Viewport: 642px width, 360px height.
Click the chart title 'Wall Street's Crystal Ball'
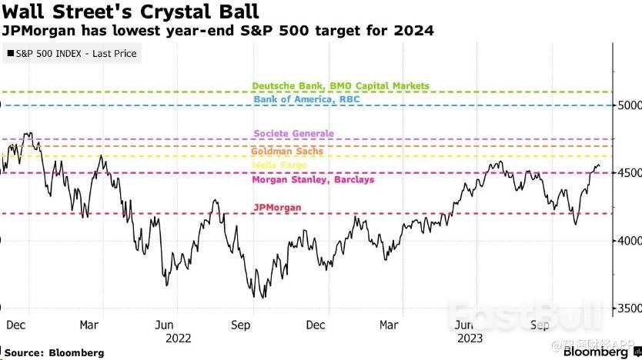[x=129, y=12]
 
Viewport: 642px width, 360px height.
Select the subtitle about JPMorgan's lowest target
[x=218, y=32]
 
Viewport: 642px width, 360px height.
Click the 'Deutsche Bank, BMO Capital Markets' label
[x=340, y=86]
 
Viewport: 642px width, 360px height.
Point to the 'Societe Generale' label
[x=293, y=133]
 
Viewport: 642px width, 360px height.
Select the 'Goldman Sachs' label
[x=287, y=152]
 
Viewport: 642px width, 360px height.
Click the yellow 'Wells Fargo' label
[x=280, y=165]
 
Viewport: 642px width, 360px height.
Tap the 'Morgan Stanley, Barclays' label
[x=313, y=180]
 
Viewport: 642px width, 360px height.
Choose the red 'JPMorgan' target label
[x=276, y=207]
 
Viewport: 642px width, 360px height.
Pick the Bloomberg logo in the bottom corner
[x=594, y=352]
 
